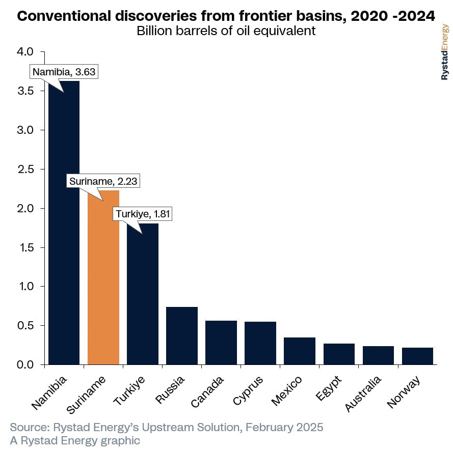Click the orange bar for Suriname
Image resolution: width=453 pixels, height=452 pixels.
(x=103, y=277)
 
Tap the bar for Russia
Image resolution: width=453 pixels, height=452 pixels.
(x=182, y=336)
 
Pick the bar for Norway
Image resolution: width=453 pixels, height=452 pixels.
(x=417, y=356)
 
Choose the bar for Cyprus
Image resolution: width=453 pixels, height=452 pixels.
(x=260, y=343)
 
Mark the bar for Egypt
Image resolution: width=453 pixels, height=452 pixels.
(x=339, y=354)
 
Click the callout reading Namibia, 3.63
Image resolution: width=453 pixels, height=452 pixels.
(x=64, y=72)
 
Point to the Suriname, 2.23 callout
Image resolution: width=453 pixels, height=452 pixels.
(x=103, y=181)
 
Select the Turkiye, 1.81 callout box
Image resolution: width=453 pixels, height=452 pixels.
(x=142, y=214)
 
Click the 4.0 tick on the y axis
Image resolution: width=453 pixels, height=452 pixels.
(x=25, y=51)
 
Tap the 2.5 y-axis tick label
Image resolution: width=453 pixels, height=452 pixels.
(x=25, y=169)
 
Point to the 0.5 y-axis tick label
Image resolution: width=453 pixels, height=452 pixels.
(x=25, y=326)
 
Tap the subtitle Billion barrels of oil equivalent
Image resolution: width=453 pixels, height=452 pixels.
(x=226, y=31)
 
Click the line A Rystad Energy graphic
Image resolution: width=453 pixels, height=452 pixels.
(x=75, y=440)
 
